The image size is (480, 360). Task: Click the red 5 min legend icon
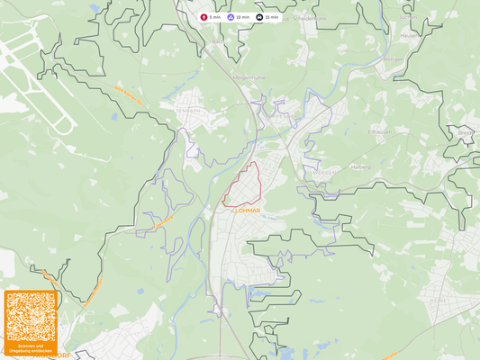[x=204, y=17]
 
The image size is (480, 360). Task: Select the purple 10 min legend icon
[x=231, y=17]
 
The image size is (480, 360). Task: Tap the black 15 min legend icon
[x=259, y=17]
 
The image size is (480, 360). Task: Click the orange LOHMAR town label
[x=247, y=211]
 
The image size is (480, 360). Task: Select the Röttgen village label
[x=394, y=59]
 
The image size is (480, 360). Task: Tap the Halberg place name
[x=359, y=166]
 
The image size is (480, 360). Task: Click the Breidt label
[x=466, y=132]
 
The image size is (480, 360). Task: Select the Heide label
[x=439, y=301]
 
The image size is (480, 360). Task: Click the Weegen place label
[x=328, y=171]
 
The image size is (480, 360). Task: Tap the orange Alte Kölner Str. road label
[x=130, y=94]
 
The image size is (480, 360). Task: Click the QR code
[x=31, y=315]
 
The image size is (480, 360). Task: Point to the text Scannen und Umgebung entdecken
[x=31, y=347]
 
